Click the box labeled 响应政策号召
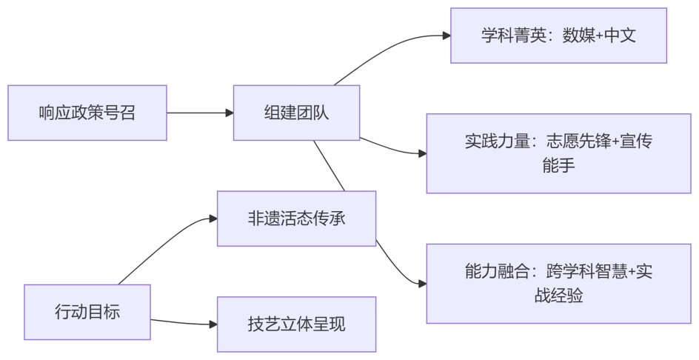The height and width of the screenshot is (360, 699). click(x=87, y=113)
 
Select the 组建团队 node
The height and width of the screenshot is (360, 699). click(x=296, y=113)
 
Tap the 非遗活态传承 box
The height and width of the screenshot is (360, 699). click(x=296, y=219)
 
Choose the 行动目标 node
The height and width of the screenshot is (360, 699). click(x=87, y=312)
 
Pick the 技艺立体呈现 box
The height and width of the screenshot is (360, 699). click(x=296, y=324)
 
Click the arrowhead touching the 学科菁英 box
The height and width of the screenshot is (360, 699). click(x=446, y=36)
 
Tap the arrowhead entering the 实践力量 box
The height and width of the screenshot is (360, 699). click(x=422, y=153)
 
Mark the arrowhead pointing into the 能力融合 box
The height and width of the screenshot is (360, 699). click(x=422, y=283)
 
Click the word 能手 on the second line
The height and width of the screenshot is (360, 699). click(x=558, y=165)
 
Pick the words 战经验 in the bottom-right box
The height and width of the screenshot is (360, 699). click(x=558, y=296)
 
